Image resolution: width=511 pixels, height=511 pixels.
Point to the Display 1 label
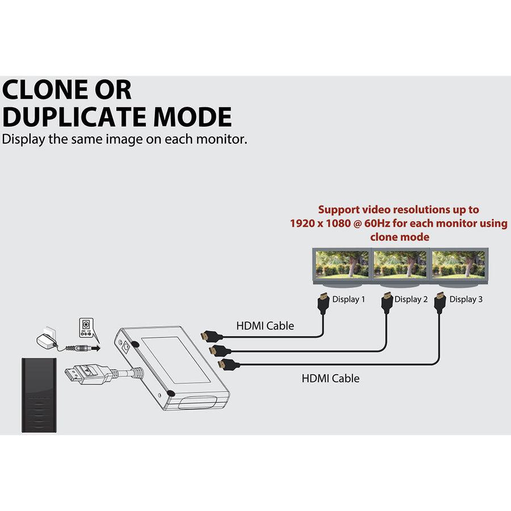348,299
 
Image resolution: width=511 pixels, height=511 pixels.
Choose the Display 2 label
411,299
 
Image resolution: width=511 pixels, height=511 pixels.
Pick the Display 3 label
466,299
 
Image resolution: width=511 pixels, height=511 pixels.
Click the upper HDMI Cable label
265,326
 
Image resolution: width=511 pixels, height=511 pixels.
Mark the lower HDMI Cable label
330,378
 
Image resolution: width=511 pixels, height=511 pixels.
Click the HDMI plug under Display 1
322,302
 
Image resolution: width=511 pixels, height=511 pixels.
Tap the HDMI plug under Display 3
439,302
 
